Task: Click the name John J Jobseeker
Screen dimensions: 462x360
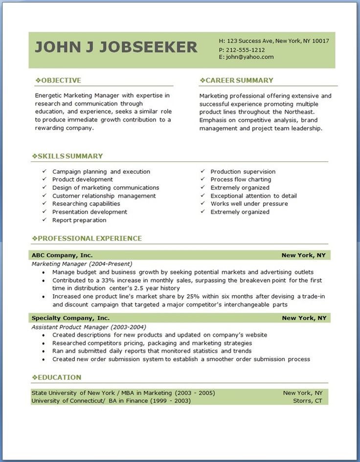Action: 116,47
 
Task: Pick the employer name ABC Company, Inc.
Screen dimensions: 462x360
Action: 62,255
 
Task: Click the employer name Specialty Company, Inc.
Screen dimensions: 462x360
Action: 70,318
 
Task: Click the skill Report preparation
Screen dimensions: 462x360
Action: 79,220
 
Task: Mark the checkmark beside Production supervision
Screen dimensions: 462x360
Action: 202,172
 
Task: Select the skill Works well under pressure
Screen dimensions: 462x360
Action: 249,204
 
